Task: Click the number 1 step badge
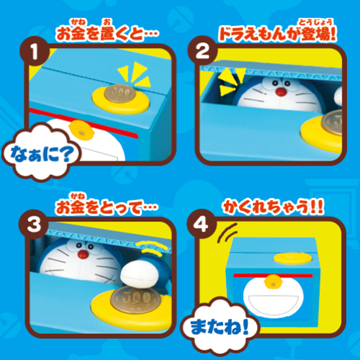coord(35,51)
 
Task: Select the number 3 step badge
coord(34,224)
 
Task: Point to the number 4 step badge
coord(202,224)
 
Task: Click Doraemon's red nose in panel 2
coord(281,92)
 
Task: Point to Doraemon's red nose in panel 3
coord(83,254)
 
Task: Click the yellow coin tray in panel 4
coord(293,258)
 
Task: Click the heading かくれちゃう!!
coord(274,207)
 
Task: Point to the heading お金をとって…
coord(107,207)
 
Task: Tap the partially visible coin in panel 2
coord(332,123)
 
